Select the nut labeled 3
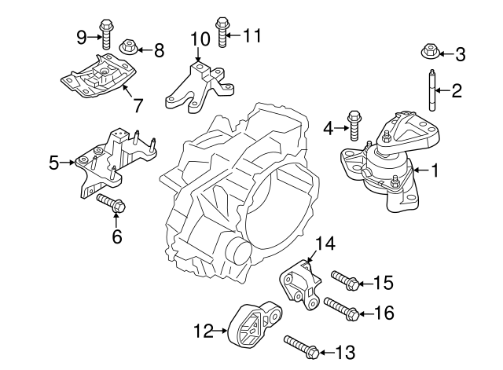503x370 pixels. pyautogui.click(x=431, y=53)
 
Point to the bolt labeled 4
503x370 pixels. pyautogui.click(x=354, y=126)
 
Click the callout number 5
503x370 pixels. pyautogui.click(x=53, y=163)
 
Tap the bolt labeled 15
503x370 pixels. pyautogui.click(x=345, y=280)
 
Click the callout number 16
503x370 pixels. pyautogui.click(x=383, y=313)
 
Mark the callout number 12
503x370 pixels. pyautogui.click(x=203, y=332)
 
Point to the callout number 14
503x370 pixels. pyautogui.click(x=325, y=244)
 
